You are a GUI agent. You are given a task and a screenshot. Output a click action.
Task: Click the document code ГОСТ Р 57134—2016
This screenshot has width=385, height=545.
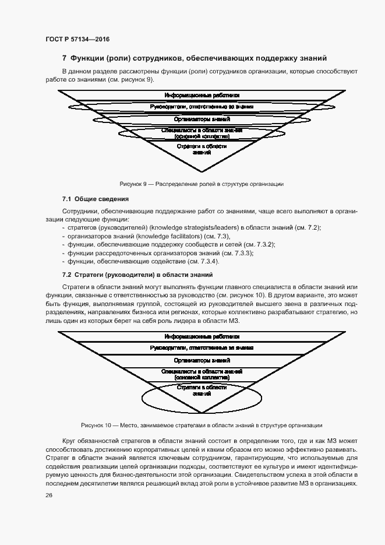coord(77,39)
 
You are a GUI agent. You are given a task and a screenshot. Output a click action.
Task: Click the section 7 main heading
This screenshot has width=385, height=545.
coord(194,58)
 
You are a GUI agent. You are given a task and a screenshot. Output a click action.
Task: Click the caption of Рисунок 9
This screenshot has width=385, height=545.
coord(202,184)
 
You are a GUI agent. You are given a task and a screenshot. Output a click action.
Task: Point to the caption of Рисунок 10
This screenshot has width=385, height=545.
coord(202,425)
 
